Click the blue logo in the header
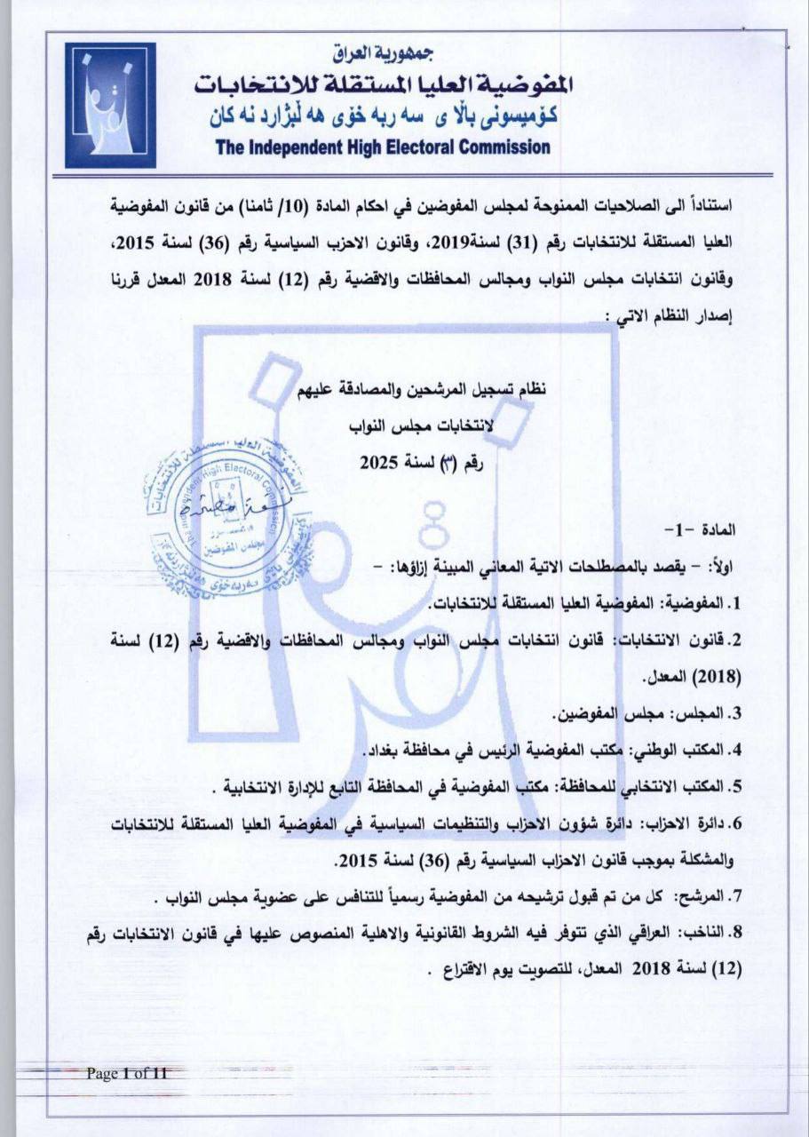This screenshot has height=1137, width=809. click(x=110, y=105)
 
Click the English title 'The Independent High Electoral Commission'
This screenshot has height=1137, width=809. click(x=383, y=147)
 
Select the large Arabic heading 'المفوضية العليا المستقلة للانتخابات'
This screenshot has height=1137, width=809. click(x=383, y=84)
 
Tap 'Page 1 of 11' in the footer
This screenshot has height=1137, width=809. click(x=126, y=1073)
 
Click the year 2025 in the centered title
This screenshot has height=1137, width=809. click(x=379, y=462)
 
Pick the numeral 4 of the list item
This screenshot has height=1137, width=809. click(x=734, y=751)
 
